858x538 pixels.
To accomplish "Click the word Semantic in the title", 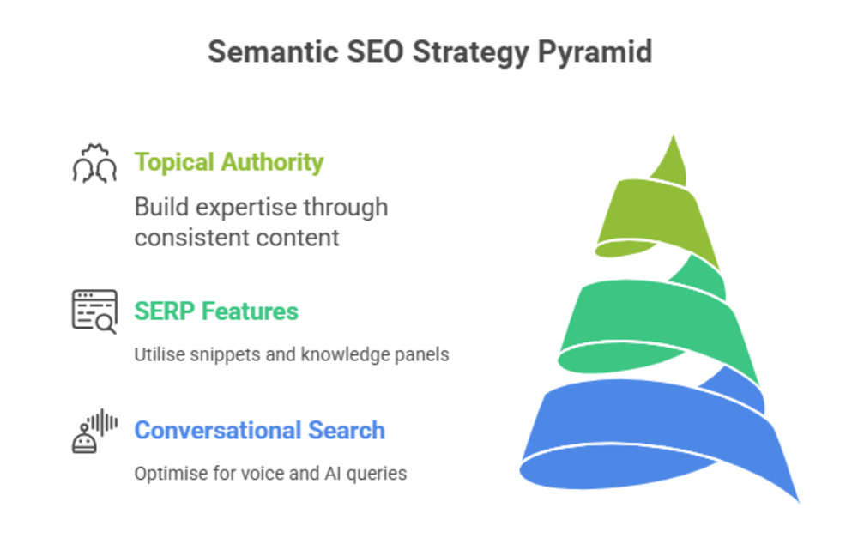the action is [x=273, y=52].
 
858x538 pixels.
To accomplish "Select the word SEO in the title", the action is [x=376, y=52].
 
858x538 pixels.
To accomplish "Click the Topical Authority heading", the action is [x=229, y=162].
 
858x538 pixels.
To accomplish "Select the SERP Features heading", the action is [x=216, y=311].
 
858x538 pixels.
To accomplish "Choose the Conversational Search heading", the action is [x=259, y=430].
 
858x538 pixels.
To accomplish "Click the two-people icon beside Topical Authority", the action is [x=94, y=163].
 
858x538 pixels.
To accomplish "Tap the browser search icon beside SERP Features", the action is [x=94, y=311].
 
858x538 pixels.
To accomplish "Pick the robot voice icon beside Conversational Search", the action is [x=94, y=431].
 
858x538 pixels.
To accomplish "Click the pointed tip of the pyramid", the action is [x=673, y=136].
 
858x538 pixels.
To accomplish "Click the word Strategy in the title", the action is [x=470, y=53].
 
